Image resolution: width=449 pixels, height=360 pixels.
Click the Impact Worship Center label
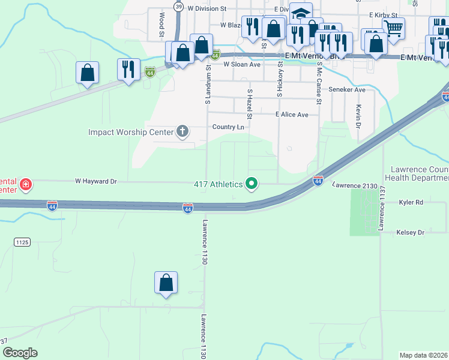point(130,132)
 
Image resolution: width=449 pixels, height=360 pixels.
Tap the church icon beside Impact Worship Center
point(182,131)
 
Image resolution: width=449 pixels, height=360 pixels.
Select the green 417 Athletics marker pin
point(252,184)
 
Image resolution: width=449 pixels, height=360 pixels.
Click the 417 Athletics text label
point(217,184)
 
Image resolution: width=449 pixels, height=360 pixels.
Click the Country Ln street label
point(228,127)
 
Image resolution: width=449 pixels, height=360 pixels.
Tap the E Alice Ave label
point(292,115)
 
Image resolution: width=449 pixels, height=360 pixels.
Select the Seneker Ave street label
point(347,90)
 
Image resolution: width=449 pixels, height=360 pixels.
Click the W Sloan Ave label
point(242,64)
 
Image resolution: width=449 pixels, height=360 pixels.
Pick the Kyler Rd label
point(411,203)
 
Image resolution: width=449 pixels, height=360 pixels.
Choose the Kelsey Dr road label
point(411,232)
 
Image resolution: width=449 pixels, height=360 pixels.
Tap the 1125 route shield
point(22,242)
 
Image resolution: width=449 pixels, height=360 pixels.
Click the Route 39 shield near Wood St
point(179,6)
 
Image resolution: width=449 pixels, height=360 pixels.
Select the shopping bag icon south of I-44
point(166,283)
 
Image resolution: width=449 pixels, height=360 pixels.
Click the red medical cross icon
point(25,184)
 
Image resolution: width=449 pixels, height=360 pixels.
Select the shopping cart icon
point(393,28)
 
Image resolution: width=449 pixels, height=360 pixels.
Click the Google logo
point(20,352)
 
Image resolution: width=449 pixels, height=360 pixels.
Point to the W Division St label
point(206,9)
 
